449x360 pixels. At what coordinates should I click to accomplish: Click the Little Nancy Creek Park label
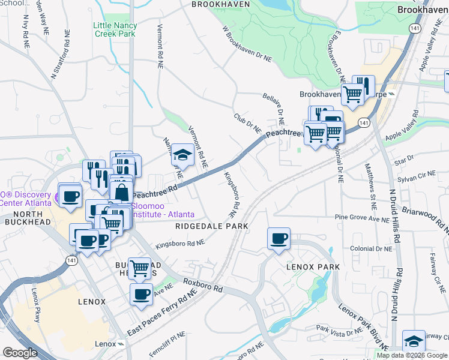click(x=115, y=29)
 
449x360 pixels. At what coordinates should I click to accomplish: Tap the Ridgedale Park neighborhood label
click(x=212, y=226)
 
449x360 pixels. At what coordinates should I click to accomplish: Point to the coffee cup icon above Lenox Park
click(x=279, y=238)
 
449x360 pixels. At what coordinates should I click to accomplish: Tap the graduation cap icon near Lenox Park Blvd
click(x=414, y=341)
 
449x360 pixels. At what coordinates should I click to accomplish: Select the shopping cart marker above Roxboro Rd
click(x=140, y=268)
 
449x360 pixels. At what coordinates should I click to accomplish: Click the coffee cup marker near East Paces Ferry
click(x=142, y=294)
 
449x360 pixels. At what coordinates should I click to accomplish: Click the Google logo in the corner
click(x=20, y=353)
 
